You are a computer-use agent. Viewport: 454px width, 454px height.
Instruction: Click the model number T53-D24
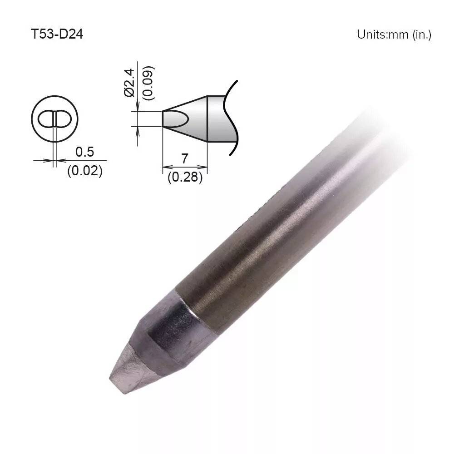pyautogui.click(x=57, y=35)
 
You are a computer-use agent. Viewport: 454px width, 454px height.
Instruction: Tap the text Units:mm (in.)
pyautogui.click(x=394, y=35)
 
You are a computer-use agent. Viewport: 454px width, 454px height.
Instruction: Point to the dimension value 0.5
pyautogui.click(x=84, y=152)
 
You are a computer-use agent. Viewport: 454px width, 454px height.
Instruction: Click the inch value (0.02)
pyautogui.click(x=84, y=171)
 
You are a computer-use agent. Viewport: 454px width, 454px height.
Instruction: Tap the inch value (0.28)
pyautogui.click(x=185, y=178)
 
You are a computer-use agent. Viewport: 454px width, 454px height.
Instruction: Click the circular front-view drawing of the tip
pyautogui.click(x=54, y=119)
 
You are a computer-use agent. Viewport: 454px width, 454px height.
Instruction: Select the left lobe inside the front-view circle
pyautogui.click(x=46, y=119)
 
